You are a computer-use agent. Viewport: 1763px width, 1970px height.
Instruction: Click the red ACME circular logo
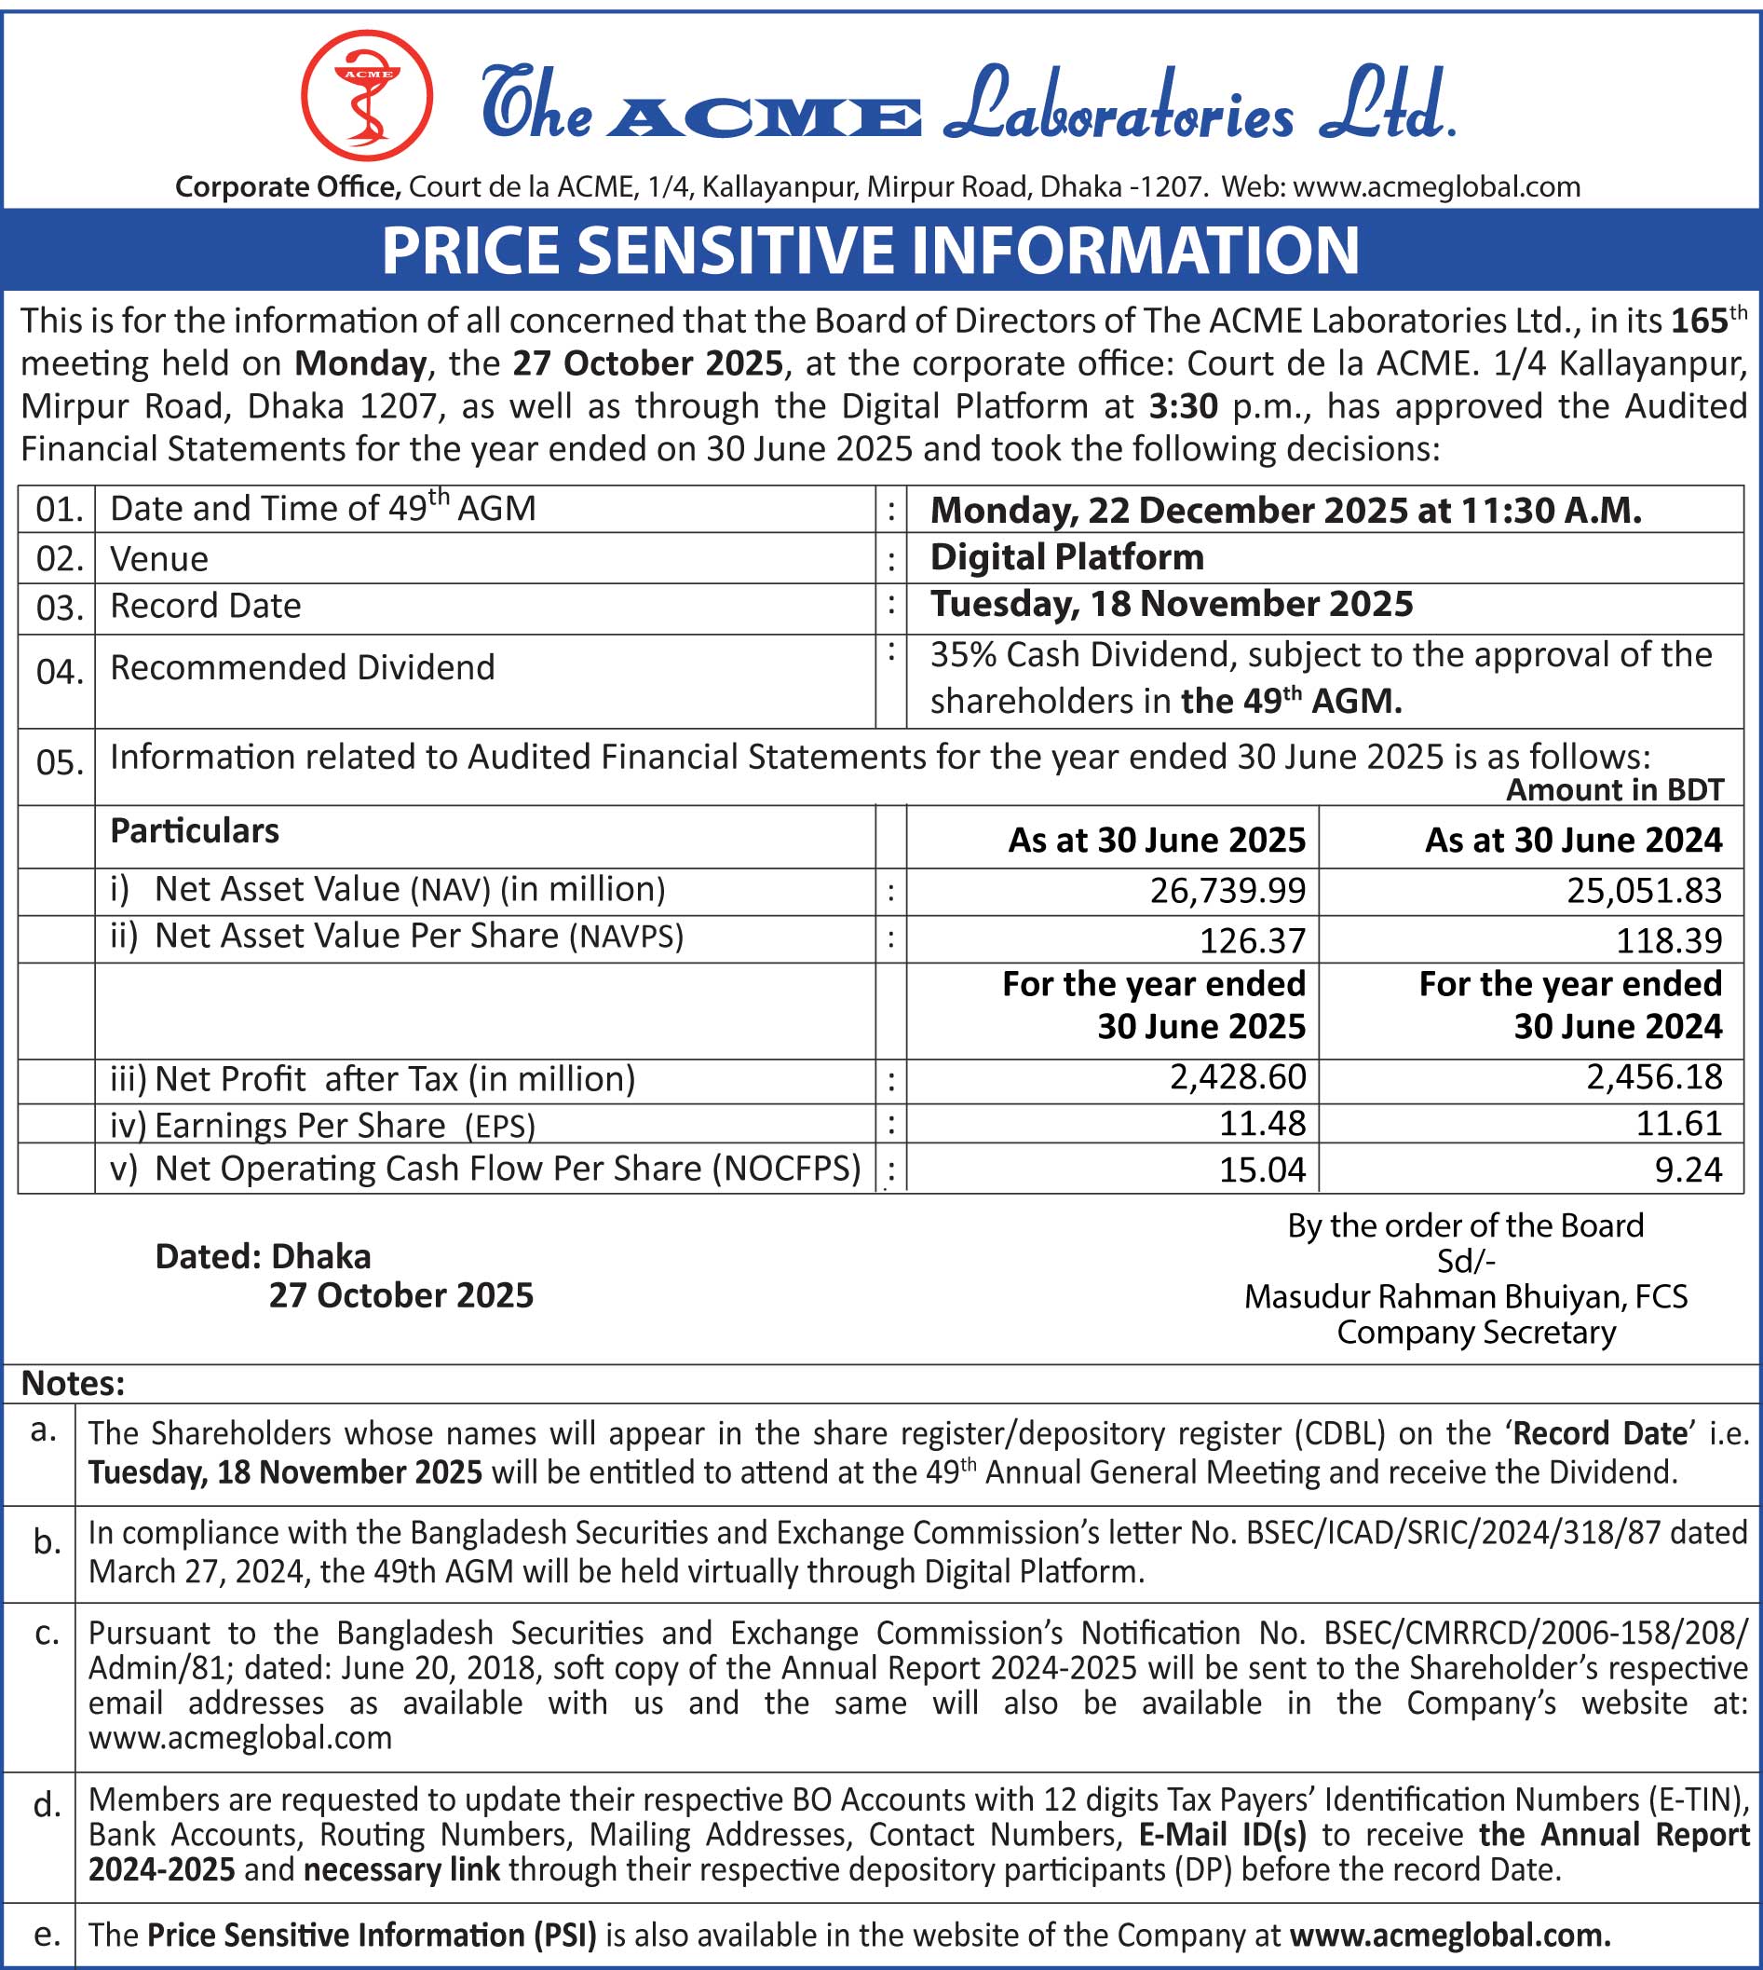click(x=366, y=95)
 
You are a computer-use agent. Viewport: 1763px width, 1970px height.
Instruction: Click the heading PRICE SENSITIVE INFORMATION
click(x=870, y=250)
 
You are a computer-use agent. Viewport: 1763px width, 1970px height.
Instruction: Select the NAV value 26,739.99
click(x=1227, y=891)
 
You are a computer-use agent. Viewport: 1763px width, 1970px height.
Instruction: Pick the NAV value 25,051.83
click(x=1644, y=891)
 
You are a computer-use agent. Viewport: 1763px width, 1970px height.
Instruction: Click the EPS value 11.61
click(x=1679, y=1123)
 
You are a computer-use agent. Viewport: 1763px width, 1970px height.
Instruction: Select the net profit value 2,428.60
click(x=1237, y=1076)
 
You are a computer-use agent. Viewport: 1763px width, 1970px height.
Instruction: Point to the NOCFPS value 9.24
click(x=1688, y=1170)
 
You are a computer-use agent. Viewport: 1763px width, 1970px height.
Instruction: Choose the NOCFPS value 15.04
click(x=1261, y=1170)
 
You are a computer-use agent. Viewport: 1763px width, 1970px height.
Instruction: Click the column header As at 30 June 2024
click(x=1572, y=841)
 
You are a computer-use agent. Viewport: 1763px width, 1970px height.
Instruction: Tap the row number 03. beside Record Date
click(x=58, y=609)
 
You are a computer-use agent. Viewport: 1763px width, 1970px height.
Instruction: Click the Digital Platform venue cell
click(x=1066, y=557)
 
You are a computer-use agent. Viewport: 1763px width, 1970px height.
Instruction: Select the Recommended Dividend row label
click(x=303, y=667)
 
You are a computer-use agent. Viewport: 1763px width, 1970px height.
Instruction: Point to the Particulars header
click(x=194, y=831)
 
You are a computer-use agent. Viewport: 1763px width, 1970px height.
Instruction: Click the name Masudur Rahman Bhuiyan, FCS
click(x=1466, y=1296)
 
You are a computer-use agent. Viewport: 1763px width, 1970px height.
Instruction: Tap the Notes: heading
click(x=73, y=1384)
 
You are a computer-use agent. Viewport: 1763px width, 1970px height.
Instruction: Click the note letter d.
click(x=45, y=1805)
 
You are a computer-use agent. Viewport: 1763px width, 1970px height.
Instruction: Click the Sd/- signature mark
click(x=1466, y=1262)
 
